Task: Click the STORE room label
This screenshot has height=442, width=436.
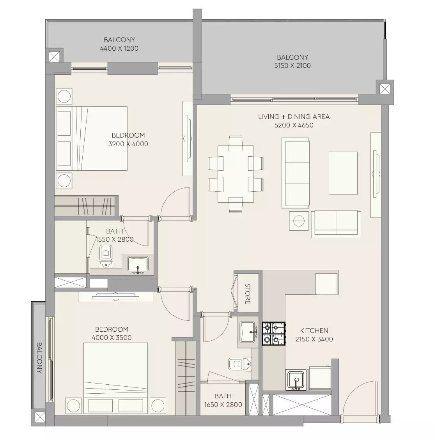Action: tap(248, 294)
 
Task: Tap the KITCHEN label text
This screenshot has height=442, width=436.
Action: tap(314, 331)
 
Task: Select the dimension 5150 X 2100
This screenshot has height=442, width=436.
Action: tap(292, 66)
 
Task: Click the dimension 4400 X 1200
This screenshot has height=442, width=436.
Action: tap(119, 48)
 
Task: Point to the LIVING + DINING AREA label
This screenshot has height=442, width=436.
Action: tap(294, 117)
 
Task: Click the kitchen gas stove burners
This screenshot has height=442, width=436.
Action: tap(274, 334)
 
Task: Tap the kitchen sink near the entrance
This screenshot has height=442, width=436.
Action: tap(296, 380)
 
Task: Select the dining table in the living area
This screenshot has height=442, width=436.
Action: tap(236, 174)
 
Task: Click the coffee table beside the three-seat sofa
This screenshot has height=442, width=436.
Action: tap(343, 173)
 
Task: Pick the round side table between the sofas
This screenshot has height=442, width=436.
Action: tap(299, 221)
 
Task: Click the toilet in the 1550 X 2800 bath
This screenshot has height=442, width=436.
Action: tap(106, 256)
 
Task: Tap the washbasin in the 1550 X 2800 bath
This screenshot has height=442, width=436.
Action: tap(138, 264)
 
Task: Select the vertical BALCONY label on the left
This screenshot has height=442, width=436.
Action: tap(39, 358)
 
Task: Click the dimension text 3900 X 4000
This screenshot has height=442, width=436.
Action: tap(128, 144)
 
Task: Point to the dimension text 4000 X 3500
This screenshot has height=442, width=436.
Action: tap(112, 338)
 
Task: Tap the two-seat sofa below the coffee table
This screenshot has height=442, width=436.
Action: tap(336, 224)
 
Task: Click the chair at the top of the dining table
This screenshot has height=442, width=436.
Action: tap(236, 143)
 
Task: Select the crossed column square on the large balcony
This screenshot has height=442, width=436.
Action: tap(385, 89)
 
